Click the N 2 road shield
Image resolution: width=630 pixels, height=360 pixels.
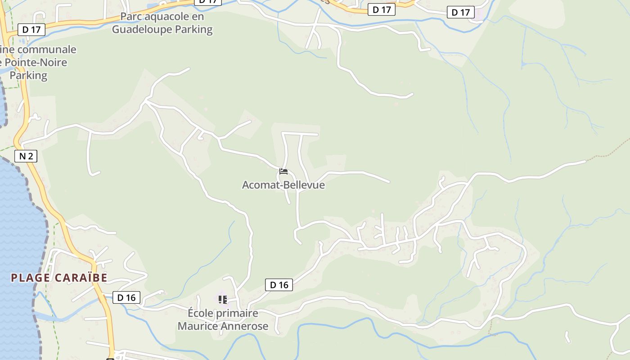coord(26,156)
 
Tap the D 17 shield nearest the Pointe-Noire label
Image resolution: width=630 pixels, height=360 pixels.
coord(31,30)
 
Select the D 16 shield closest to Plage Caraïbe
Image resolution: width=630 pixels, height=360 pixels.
coord(126,297)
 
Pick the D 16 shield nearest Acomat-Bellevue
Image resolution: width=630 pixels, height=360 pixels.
coord(279,285)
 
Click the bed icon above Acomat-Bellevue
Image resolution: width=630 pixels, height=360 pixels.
coord(283,171)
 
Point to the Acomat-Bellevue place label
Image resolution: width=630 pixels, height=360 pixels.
coord(283,185)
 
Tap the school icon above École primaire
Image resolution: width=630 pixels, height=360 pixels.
coord(222,299)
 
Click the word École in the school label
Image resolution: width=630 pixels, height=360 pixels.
coord(201,313)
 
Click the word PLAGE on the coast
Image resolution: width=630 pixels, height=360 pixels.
coord(30,278)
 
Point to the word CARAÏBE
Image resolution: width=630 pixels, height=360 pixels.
coord(81,278)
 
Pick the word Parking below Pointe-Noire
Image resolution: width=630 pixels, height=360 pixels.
coord(28,75)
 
